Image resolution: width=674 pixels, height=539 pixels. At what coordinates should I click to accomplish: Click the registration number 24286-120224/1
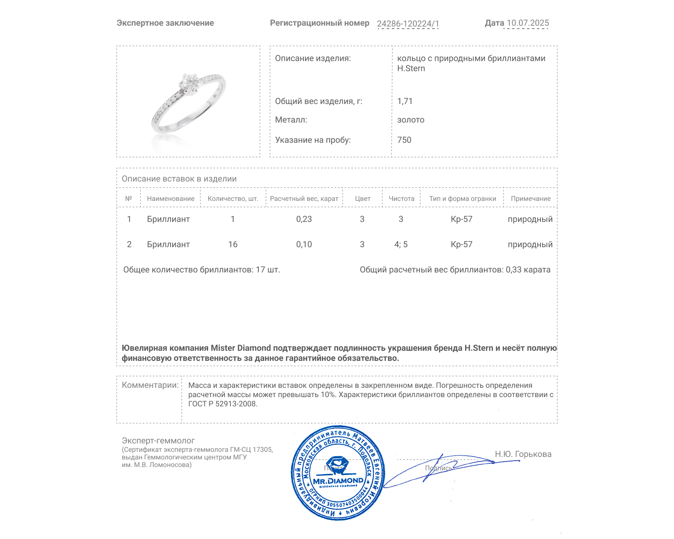click(408, 24)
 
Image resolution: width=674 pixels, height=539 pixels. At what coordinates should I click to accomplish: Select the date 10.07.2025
click(527, 23)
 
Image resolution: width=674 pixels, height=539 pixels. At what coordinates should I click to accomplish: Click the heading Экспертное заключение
click(165, 23)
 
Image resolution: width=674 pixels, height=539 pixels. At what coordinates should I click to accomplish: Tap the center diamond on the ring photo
click(188, 83)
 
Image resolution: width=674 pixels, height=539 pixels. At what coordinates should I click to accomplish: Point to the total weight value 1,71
click(405, 101)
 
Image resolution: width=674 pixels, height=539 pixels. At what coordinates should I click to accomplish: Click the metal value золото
click(411, 120)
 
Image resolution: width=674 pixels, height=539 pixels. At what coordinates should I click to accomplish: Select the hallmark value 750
click(404, 140)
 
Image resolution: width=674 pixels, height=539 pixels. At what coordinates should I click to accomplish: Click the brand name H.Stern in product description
click(411, 69)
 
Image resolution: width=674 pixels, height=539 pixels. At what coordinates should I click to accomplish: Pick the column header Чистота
click(401, 198)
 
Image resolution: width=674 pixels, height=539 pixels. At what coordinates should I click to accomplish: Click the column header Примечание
click(530, 198)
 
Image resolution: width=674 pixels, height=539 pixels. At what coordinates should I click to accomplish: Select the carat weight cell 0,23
click(304, 219)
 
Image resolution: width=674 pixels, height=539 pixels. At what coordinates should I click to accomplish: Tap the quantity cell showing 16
click(233, 244)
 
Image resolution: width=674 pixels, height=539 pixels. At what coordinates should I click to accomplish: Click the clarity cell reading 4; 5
click(401, 244)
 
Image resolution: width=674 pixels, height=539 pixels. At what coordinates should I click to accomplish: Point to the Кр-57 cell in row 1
click(461, 219)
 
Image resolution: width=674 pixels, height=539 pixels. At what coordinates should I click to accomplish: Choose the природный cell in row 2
click(530, 244)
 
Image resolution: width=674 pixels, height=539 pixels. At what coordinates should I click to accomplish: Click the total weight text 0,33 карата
click(528, 269)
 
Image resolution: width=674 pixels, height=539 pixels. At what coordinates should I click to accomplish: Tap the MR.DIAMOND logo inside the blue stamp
click(338, 480)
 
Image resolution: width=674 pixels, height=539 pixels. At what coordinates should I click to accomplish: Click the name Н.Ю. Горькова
click(523, 454)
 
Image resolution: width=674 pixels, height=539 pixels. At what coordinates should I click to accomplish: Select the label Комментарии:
click(150, 385)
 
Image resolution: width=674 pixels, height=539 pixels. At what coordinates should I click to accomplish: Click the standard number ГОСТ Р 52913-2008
click(222, 404)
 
